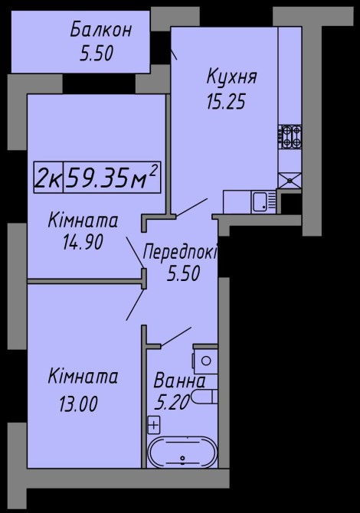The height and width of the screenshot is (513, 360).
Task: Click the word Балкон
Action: click(x=101, y=30)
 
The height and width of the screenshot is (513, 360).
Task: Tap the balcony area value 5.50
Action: click(x=97, y=54)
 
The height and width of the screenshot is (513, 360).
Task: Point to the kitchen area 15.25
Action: click(x=226, y=101)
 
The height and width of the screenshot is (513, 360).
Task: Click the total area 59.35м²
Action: click(x=112, y=177)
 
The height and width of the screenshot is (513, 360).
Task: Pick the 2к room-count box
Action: click(x=48, y=177)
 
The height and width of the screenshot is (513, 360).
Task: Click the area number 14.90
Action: click(x=83, y=243)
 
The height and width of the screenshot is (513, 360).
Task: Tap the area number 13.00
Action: click(x=78, y=404)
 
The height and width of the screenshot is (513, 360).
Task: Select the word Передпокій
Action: click(x=180, y=253)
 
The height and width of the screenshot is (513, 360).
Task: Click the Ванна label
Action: click(x=179, y=381)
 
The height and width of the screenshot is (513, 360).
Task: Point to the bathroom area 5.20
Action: click(x=172, y=402)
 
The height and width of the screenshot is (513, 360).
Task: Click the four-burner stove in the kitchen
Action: click(x=290, y=137)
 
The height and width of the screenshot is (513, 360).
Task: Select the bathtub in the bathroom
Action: click(x=182, y=453)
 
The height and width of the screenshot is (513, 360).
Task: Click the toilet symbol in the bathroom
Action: click(x=205, y=397)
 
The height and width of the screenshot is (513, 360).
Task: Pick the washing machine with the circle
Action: click(x=205, y=361)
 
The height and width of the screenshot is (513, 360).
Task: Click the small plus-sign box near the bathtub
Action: click(x=154, y=426)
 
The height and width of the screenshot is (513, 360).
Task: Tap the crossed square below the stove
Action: click(x=290, y=180)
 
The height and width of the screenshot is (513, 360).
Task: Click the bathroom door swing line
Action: click(x=176, y=337)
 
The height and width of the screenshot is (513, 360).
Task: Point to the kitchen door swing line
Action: click(x=192, y=207)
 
